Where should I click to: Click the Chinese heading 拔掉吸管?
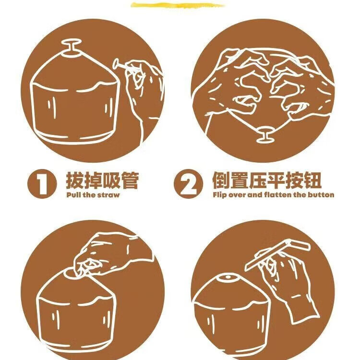102,181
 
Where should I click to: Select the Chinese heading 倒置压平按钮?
266,181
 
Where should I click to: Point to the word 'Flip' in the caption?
219,195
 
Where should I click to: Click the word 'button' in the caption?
322,195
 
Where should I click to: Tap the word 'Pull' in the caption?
73,195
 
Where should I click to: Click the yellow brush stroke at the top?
178,6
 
